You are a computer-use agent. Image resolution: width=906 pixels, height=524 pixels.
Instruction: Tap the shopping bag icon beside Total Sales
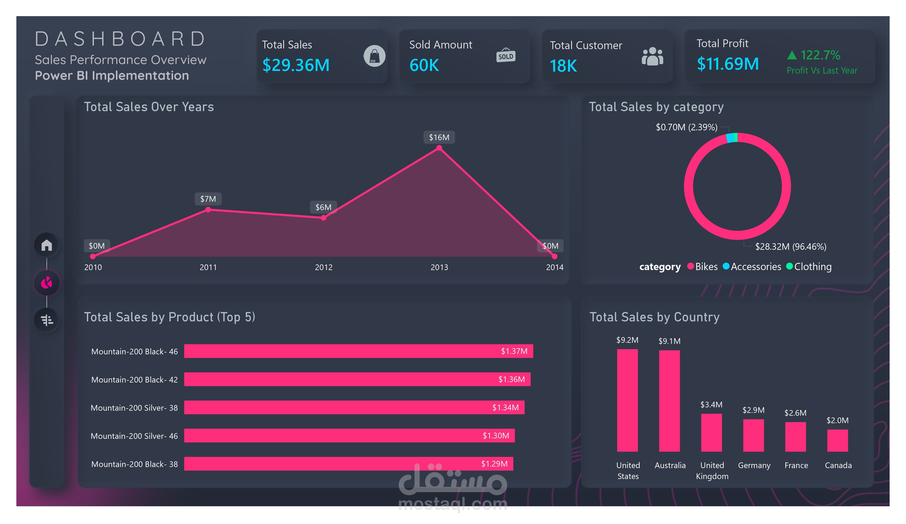(x=374, y=56)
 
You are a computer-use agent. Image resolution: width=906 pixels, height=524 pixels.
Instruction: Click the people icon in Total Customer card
(x=652, y=57)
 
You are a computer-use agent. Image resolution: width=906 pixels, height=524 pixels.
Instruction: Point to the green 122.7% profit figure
(x=820, y=55)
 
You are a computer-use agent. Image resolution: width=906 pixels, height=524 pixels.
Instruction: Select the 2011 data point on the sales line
(x=208, y=210)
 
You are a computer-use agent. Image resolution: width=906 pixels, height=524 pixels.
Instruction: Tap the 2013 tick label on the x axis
(x=439, y=267)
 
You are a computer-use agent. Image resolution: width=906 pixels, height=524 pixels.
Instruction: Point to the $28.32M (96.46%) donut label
(x=790, y=246)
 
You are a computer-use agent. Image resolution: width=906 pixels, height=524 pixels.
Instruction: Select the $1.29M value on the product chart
(x=494, y=464)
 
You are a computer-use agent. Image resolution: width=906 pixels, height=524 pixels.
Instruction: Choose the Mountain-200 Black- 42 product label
(x=134, y=379)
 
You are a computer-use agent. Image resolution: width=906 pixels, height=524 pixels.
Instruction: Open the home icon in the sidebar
(x=47, y=245)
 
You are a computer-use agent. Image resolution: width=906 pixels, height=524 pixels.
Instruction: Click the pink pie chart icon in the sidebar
(x=47, y=283)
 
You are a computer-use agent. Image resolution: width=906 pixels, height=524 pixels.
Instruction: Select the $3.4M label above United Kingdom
(x=711, y=405)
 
